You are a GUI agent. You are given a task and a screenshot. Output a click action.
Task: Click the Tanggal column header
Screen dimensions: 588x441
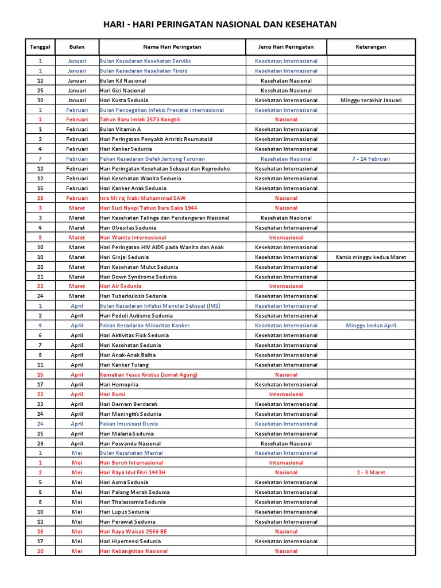pyautogui.click(x=40, y=47)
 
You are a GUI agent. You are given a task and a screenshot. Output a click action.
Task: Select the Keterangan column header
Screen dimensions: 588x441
pyautogui.click(x=370, y=47)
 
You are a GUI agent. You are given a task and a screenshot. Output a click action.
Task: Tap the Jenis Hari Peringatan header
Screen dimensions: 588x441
pyautogui.click(x=286, y=47)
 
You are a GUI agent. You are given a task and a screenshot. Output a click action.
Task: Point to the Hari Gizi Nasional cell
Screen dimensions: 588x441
pyautogui.click(x=122, y=90)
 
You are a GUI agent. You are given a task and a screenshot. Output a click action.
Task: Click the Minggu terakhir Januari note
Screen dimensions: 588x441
pyautogui.click(x=371, y=100)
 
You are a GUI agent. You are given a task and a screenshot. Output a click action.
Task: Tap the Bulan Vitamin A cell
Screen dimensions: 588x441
pyautogui.click(x=121, y=129)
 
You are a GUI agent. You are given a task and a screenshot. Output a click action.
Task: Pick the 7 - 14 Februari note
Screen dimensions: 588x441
pyautogui.click(x=371, y=158)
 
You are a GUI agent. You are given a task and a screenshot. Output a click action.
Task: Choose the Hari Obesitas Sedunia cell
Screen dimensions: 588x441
pyautogui.click(x=128, y=227)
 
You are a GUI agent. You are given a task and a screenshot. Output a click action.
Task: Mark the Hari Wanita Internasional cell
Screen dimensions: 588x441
pyautogui.click(x=133, y=237)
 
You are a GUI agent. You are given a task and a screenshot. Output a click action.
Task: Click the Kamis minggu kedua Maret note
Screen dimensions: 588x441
pyautogui.click(x=371, y=257)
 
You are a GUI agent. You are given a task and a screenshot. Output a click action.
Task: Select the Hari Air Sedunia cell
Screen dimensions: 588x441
pyautogui.click(x=121, y=286)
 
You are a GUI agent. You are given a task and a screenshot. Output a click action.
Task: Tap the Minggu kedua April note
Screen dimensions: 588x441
pyautogui.click(x=371, y=326)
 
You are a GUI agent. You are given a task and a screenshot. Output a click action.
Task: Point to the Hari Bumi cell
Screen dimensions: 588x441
pyautogui.click(x=113, y=394)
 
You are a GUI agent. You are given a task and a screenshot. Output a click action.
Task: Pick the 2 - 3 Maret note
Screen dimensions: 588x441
pyautogui.click(x=371, y=473)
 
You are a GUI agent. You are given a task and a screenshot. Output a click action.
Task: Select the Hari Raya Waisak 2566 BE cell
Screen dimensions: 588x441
pyautogui.click(x=133, y=532)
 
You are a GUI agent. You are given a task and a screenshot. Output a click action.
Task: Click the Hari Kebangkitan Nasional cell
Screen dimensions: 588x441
pyautogui.click(x=134, y=551)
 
